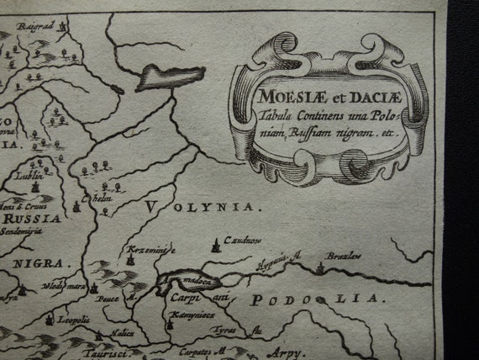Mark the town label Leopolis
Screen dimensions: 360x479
click(73, 320)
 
